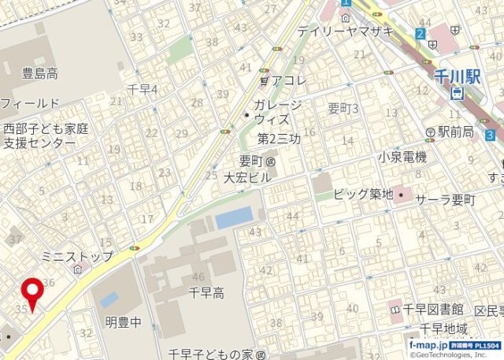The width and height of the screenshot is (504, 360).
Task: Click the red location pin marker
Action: point(32,294)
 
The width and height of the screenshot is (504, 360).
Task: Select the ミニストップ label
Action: point(76,256)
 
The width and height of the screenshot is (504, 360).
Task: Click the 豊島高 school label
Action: point(40,74)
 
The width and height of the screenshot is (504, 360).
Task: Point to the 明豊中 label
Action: point(123,321)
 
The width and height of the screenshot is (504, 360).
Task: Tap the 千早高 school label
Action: point(207,293)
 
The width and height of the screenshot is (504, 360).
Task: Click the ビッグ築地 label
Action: point(362,194)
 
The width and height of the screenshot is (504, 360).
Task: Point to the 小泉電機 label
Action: point(402,157)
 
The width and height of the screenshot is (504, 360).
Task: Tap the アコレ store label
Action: point(288,80)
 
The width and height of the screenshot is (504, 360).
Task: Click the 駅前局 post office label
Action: point(454,132)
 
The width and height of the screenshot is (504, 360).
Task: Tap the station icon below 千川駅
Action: point(458,94)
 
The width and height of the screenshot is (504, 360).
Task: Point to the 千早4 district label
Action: point(143,89)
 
